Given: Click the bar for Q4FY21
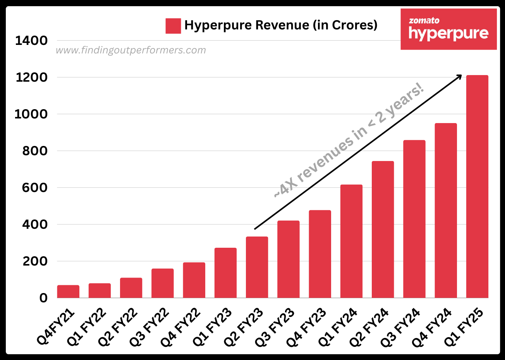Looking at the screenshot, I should point(68,291).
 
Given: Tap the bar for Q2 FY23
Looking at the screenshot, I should point(257,267).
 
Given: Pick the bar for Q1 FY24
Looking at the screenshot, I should point(351,241).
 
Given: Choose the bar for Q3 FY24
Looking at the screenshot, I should point(414,219).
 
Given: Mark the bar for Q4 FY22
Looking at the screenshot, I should point(194,280).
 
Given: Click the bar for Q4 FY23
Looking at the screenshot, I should point(320,254).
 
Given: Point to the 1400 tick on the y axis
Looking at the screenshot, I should point(31,41).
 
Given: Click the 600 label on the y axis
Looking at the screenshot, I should point(35,188).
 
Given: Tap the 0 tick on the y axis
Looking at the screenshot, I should point(43,298).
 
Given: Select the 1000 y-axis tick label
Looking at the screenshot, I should point(31,114).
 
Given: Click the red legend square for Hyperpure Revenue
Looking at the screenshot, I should point(173,26).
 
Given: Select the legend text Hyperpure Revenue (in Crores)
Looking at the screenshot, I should point(281,25).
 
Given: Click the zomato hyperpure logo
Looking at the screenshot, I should point(448,29).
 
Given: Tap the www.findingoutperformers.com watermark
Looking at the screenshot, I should point(131,50).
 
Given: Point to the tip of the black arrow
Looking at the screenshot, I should point(462,75).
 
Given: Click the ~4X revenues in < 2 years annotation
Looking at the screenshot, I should point(349,141).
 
